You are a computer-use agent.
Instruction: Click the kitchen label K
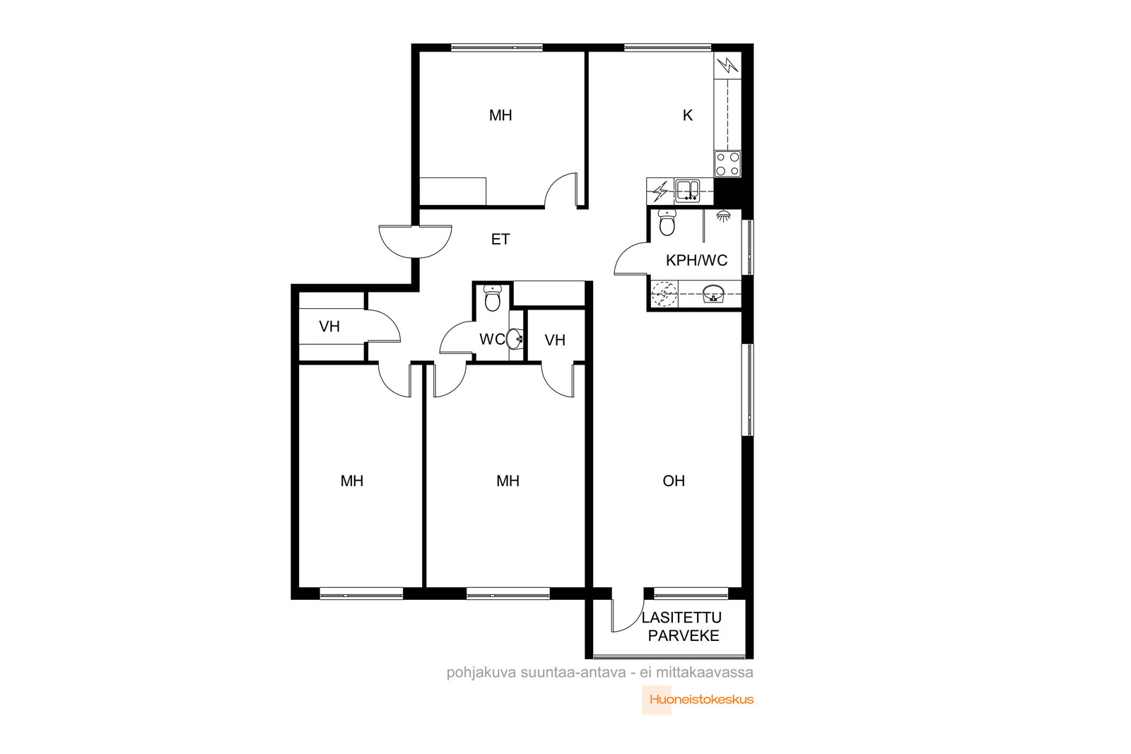[x=687, y=116]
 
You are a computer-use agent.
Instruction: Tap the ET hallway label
[x=500, y=240]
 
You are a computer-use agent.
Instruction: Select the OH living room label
[x=674, y=481]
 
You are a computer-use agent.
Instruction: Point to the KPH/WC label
[x=696, y=261]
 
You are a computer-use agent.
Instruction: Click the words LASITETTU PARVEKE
[x=683, y=626]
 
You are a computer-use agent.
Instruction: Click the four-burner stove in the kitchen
[x=727, y=164]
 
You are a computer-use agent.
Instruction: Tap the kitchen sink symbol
[x=687, y=191]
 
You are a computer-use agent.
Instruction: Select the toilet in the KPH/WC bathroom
[x=667, y=223]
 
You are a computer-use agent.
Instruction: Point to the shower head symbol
[x=724, y=216]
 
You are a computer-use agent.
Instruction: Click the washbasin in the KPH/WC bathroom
[x=713, y=293]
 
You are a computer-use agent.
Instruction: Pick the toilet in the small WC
[x=492, y=298]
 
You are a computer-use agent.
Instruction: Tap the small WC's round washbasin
[x=515, y=338]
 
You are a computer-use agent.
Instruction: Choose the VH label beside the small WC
[x=555, y=340]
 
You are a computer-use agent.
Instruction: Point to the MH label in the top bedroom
[x=500, y=116]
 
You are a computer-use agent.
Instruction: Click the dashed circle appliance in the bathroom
[x=664, y=293]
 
